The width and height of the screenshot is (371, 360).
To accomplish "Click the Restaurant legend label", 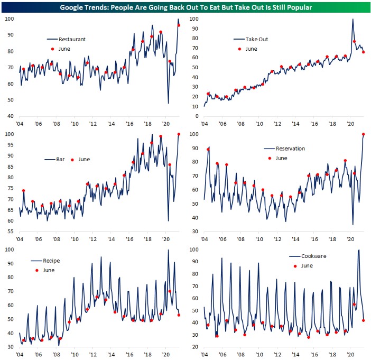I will (73, 39).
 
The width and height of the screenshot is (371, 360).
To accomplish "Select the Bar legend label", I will (61, 159).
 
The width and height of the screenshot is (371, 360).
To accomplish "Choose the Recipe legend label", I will (55, 261).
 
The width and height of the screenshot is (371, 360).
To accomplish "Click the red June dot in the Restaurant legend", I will (52, 49).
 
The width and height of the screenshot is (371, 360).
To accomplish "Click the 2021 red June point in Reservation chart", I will (364, 134).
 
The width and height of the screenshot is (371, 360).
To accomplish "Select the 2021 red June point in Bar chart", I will (179, 134).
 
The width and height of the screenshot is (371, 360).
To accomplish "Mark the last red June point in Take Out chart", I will (363, 52).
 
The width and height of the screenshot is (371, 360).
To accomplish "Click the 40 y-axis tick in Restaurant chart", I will (11, 116).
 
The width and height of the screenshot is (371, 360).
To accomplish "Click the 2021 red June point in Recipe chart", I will (179, 315).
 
